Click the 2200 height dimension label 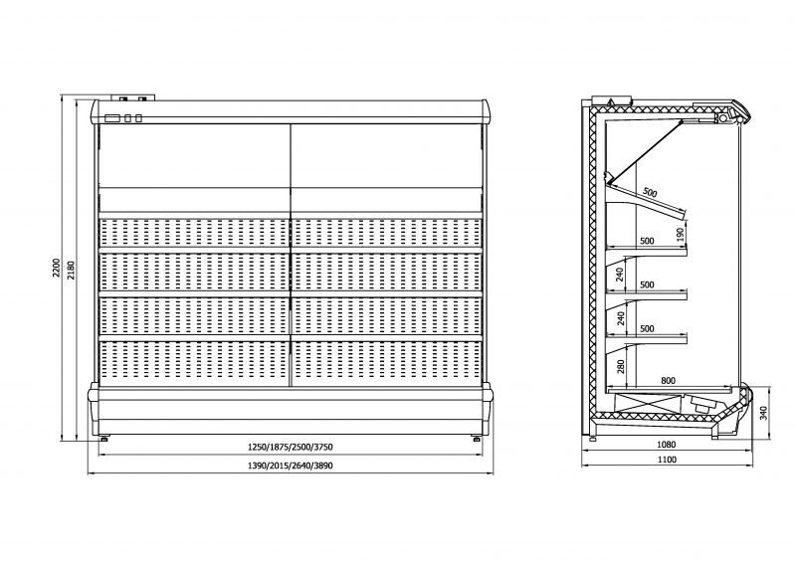pos(57,268)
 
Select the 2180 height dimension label pos(71,271)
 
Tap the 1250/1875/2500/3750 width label pos(291,448)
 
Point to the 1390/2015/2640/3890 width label pos(291,466)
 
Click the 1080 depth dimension pos(667,445)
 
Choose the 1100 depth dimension pos(667,460)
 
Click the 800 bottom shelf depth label pos(668,380)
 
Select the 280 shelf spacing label pos(620,366)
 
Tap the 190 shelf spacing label pos(681,234)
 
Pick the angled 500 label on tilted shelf pos(650,192)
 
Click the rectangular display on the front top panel pos(112,118)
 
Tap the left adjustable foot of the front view pos(104,438)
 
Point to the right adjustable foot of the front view pos(477,438)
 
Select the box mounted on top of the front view pos(132,98)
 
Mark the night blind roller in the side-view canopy pos(719,118)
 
